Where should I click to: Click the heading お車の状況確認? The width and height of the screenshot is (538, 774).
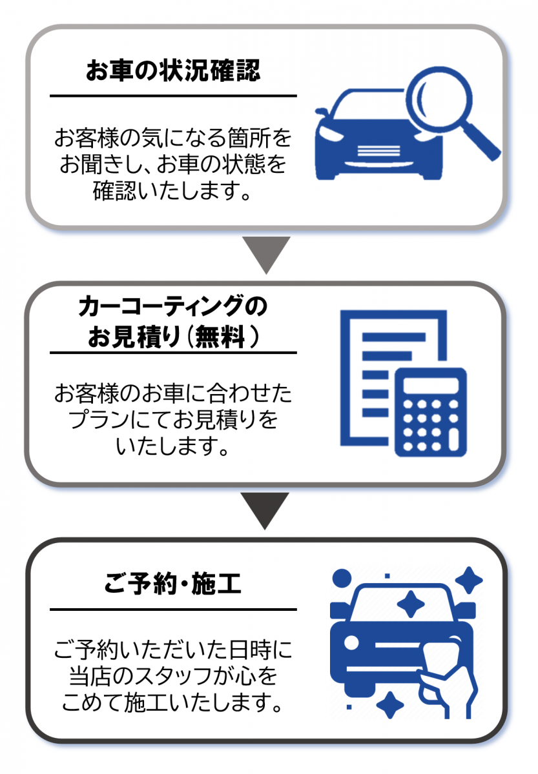click(x=173, y=71)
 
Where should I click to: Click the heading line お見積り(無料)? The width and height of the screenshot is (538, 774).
click(x=172, y=337)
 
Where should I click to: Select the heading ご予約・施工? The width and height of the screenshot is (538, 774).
click(x=172, y=586)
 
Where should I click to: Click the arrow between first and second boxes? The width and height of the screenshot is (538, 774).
click(x=267, y=253)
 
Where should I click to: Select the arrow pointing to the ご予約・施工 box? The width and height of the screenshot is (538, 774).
click(x=267, y=510)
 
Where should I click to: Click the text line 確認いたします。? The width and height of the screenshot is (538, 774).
click(x=172, y=192)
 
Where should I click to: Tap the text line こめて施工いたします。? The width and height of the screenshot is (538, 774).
click(x=172, y=702)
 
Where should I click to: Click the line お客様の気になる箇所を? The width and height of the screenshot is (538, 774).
click(x=172, y=137)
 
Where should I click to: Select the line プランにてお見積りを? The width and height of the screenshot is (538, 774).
click(x=172, y=419)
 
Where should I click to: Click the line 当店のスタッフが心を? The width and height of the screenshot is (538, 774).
click(x=172, y=675)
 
